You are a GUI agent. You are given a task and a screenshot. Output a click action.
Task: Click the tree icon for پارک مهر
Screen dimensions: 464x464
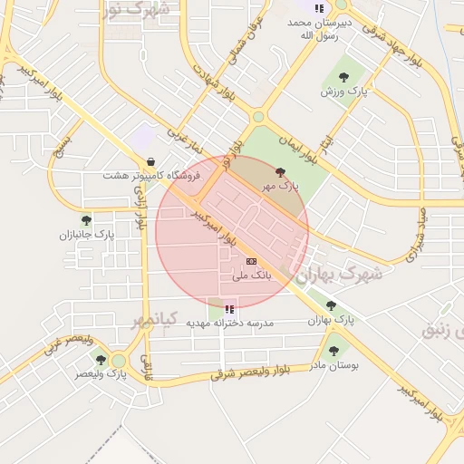click(280, 171)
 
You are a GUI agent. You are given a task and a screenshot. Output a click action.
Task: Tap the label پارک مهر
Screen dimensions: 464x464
click(279, 186)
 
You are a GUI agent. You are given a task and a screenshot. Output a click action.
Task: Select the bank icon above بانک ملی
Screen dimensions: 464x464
click(251, 260)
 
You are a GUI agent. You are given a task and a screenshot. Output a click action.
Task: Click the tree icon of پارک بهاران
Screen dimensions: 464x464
click(331, 305)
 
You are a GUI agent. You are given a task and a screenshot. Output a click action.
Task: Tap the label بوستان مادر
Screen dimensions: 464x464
click(334, 365)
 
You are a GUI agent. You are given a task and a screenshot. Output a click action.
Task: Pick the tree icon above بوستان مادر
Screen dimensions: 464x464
click(333, 350)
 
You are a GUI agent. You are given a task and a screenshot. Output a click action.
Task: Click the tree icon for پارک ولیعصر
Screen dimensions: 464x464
click(101, 360)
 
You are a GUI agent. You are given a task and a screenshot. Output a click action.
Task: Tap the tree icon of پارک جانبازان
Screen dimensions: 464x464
click(87, 219)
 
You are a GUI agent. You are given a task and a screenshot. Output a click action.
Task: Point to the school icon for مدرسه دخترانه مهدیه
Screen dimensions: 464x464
click(228, 309)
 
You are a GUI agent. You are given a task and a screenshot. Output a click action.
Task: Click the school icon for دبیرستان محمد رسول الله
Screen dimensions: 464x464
click(319, 8)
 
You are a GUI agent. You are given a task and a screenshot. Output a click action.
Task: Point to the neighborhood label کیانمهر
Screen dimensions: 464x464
click(150, 321)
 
